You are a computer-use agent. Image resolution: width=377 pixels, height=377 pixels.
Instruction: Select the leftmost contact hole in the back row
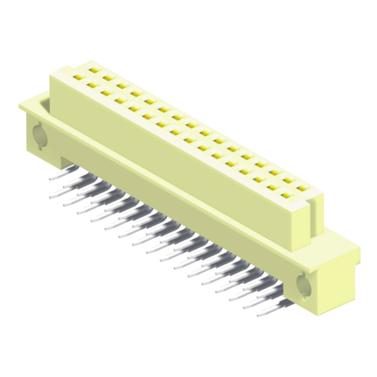(x=94, y=70)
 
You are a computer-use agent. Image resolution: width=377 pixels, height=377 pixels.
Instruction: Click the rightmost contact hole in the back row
(x=302, y=188)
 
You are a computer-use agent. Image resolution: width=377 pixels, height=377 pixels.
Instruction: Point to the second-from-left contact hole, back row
(x=108, y=78)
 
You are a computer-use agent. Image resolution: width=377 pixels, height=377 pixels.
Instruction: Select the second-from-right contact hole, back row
(x=288, y=180)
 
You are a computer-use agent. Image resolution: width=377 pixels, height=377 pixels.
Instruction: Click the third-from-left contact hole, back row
(x=122, y=85)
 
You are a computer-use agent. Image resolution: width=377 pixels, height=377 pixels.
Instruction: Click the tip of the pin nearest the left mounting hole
(x=52, y=180)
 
